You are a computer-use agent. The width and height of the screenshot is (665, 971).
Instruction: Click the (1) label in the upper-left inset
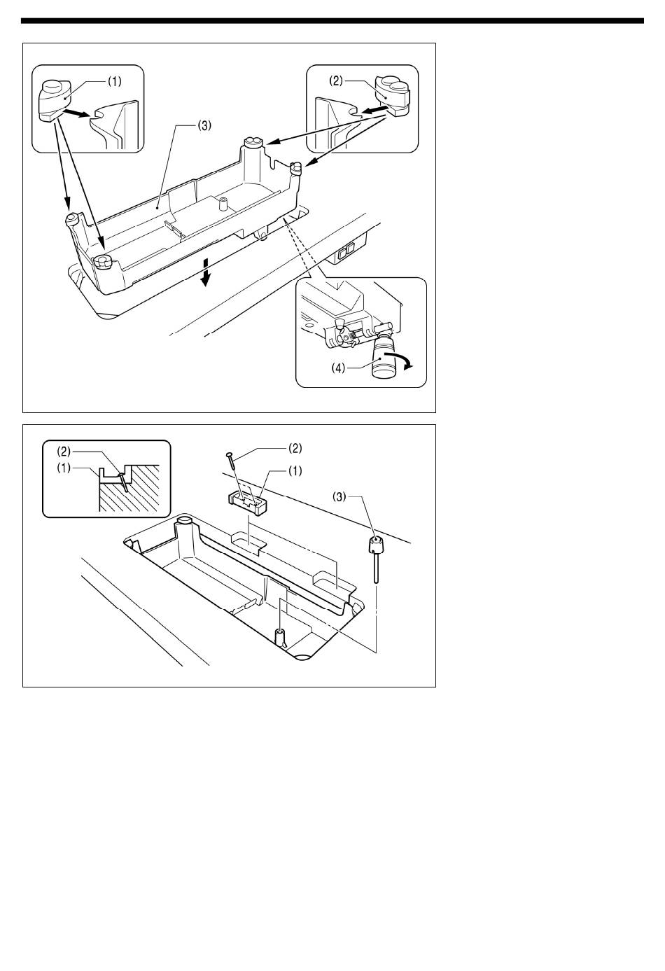114,81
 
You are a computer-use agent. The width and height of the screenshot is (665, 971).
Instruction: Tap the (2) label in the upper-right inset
336,81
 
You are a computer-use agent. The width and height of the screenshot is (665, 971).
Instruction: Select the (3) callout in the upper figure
204,125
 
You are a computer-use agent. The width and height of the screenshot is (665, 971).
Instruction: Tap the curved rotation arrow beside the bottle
402,360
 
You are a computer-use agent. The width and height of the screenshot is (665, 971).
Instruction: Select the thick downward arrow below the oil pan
206,272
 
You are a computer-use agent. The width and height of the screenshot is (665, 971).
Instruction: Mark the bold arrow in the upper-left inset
77,113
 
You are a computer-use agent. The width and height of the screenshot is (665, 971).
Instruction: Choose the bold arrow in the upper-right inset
374,111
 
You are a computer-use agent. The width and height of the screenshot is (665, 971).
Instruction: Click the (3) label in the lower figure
339,497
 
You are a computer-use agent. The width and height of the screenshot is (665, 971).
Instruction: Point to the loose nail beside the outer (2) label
230,460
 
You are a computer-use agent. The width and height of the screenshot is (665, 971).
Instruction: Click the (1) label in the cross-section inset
64,468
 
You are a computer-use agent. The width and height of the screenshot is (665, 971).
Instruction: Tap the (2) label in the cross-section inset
64,452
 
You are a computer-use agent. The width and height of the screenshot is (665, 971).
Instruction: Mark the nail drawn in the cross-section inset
123,482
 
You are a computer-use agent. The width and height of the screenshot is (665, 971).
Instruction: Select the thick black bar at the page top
332,20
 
